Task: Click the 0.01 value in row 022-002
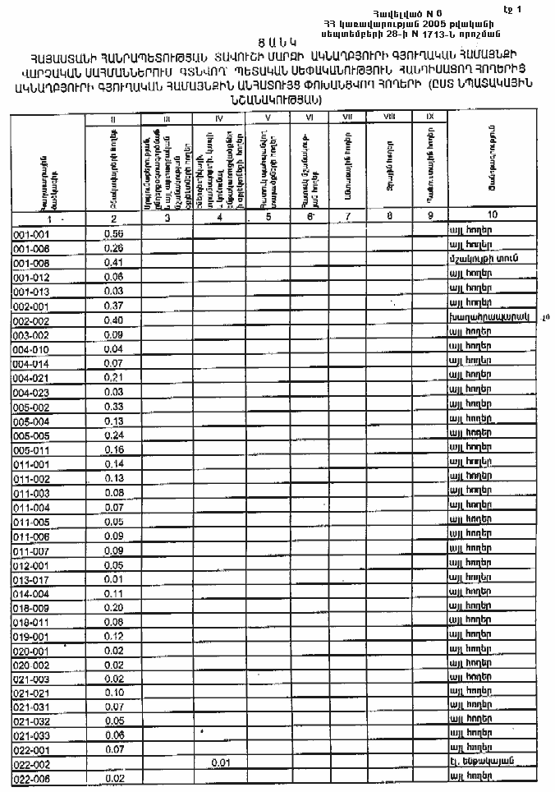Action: tap(218, 763)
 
